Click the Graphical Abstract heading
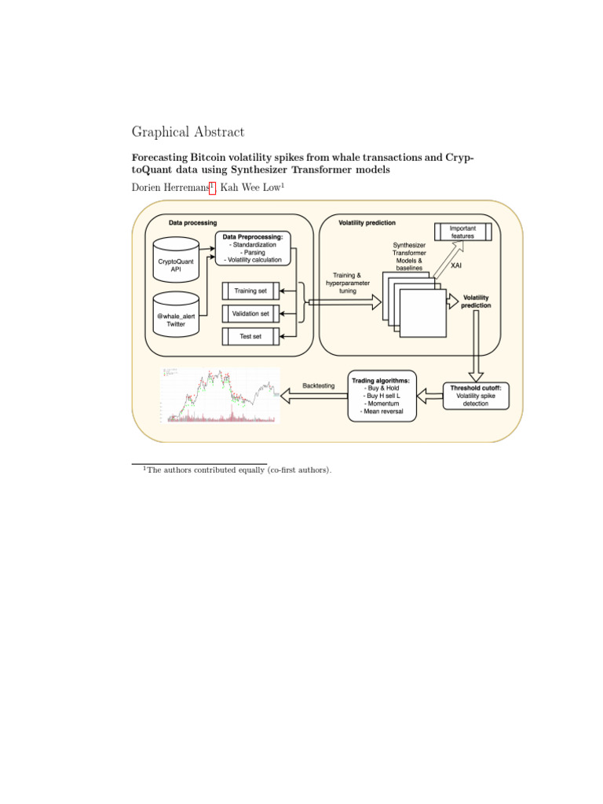coord(188,132)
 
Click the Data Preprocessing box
coord(253,247)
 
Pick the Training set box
coord(250,291)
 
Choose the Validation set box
coord(250,313)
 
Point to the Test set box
coord(250,336)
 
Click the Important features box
coord(462,232)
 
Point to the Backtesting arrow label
coord(319,386)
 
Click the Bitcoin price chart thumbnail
coord(220,396)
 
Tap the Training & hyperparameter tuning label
coord(348,283)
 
